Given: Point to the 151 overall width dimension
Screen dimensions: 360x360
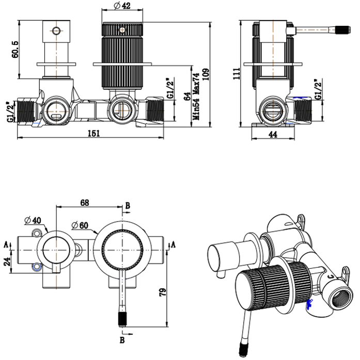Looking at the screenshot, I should [x=93, y=133].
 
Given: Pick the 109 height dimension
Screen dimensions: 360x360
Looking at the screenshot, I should [x=206, y=76].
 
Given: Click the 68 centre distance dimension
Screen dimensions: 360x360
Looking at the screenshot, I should [x=86, y=202].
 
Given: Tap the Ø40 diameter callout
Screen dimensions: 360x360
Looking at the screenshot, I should [x=34, y=221].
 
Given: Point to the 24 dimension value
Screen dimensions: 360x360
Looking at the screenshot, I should [x=6, y=261].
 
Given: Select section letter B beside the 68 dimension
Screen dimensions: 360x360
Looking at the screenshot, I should [x=127, y=205].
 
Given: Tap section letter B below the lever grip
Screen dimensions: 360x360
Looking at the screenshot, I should [x=122, y=340].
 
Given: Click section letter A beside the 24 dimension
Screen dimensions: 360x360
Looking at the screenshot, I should [x=6, y=244].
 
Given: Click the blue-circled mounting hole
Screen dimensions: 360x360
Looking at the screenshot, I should [x=35, y=268].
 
